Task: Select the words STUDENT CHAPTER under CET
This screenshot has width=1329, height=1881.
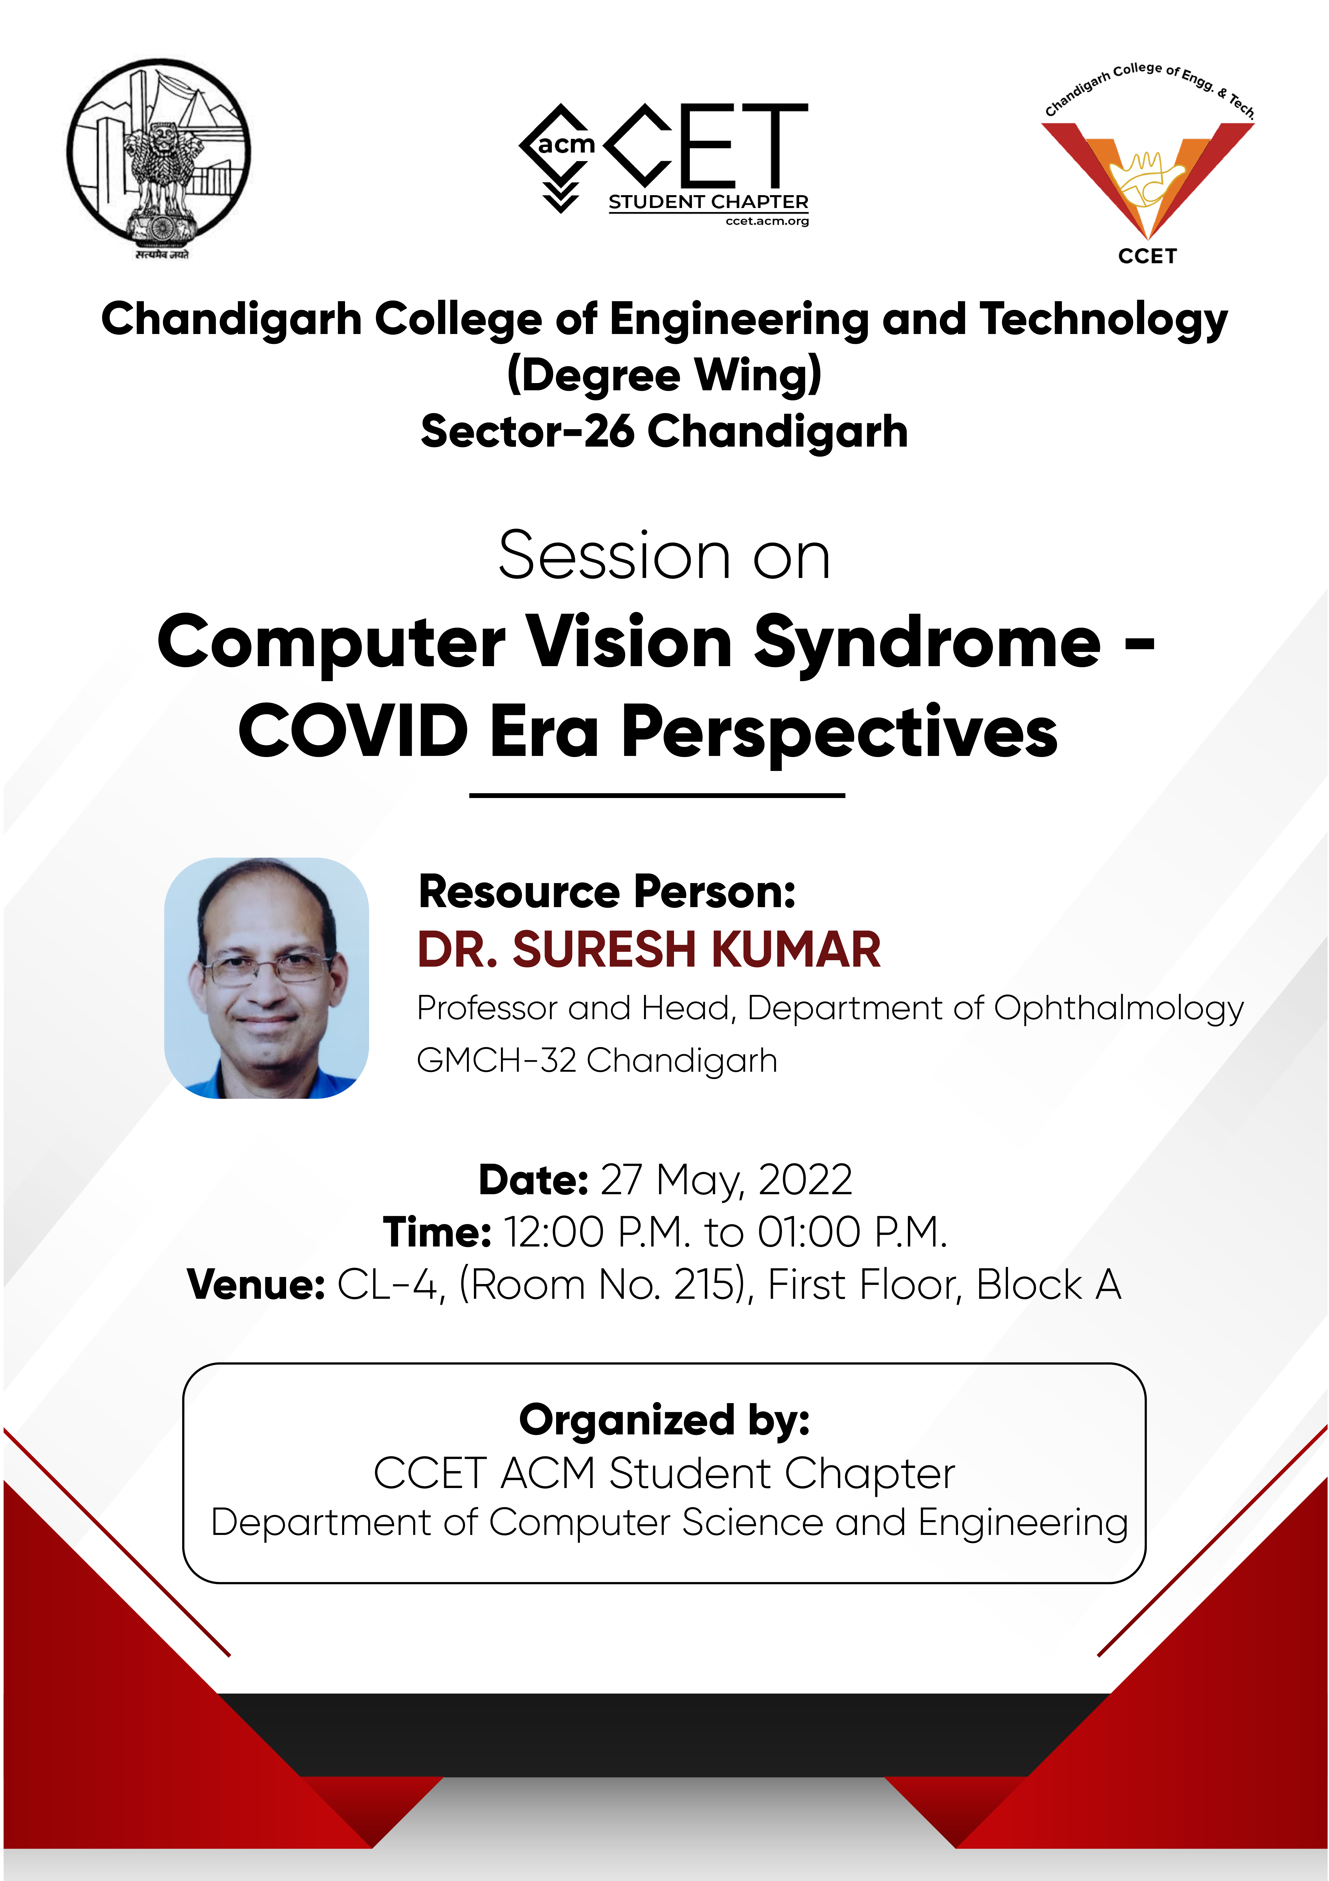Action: [708, 202]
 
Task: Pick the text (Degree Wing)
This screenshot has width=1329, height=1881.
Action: [664, 375]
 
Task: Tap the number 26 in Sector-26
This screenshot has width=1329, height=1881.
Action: [608, 432]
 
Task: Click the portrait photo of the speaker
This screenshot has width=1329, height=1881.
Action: [266, 977]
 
